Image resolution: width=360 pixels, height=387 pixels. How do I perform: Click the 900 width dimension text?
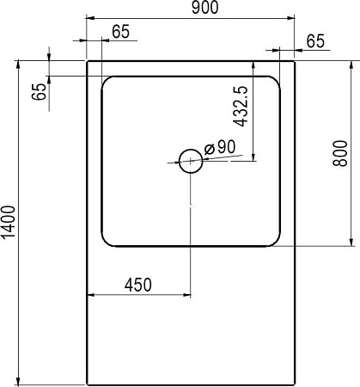click(204, 8)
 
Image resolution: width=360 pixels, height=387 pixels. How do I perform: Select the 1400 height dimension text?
click(8, 223)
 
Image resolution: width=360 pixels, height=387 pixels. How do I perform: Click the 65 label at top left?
click(120, 32)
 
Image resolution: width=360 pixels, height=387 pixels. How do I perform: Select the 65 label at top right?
click(315, 40)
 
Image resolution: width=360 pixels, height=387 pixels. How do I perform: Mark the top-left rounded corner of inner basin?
click(107, 82)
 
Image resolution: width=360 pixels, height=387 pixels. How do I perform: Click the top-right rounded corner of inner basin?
click(276, 82)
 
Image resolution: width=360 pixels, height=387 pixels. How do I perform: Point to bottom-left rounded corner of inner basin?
click(107, 241)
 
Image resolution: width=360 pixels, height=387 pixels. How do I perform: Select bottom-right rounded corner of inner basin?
click(276, 241)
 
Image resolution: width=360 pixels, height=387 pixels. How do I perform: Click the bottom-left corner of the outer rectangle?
click(88, 384)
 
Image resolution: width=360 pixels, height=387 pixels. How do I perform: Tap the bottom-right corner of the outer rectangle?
click(295, 384)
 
